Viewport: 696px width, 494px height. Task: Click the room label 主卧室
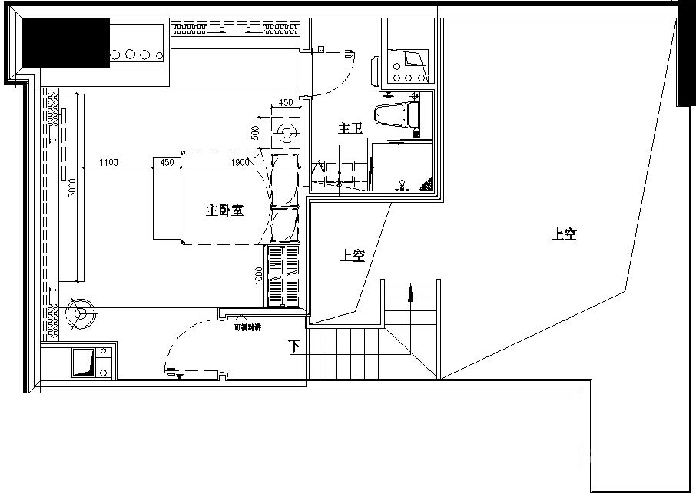(x=224, y=209)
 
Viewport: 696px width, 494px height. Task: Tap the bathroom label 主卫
(x=350, y=130)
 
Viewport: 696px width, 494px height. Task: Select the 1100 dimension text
(x=108, y=162)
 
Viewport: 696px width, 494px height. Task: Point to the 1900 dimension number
(x=240, y=162)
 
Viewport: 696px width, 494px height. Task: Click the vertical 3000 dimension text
(x=72, y=189)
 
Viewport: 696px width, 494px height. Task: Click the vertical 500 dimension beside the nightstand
(x=255, y=132)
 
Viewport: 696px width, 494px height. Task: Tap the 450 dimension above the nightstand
(x=285, y=103)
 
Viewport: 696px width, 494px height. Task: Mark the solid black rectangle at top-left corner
(x=65, y=45)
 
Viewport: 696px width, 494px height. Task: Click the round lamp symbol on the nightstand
(x=286, y=132)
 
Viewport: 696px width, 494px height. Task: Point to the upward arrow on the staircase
(x=411, y=293)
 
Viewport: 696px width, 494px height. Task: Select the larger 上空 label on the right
(x=564, y=235)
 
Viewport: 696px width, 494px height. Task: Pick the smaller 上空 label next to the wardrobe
(x=352, y=256)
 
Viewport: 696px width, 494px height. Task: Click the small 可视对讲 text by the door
(x=247, y=328)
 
